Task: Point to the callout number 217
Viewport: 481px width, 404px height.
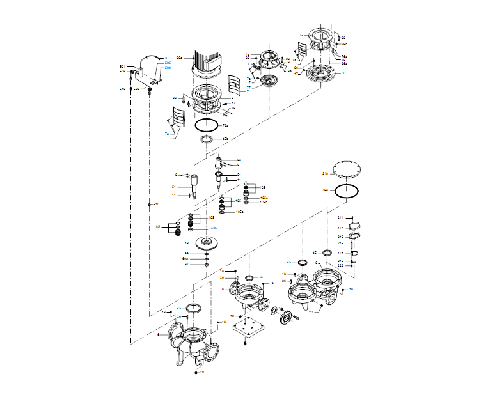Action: pos(341,253)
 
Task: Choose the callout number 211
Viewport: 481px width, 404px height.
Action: pos(341,218)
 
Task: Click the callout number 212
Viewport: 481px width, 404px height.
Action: pos(341,237)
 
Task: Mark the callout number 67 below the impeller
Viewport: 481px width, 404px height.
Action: pos(186,263)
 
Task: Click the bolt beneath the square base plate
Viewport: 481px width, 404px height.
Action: pos(246,345)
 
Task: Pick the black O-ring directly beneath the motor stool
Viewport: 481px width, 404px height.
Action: pos(206,125)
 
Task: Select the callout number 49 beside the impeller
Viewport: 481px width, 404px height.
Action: pos(186,243)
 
